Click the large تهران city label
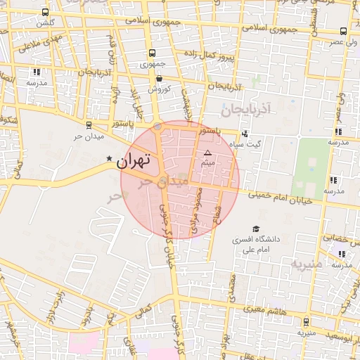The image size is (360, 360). [134, 160]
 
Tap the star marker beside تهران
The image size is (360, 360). [108, 159]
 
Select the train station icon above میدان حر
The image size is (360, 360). [88, 124]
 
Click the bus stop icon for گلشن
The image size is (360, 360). [46, 13]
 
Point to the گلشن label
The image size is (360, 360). [46, 23]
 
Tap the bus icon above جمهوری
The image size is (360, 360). [152, 53]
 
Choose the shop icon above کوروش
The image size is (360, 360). [159, 78]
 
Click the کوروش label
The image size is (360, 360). [159, 89]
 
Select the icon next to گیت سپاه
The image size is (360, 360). [245, 134]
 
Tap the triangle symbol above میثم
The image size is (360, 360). [207, 153]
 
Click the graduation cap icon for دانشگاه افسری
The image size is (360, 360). [256, 229]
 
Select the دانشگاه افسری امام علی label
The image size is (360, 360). [258, 244]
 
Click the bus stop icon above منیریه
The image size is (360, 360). [305, 321]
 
